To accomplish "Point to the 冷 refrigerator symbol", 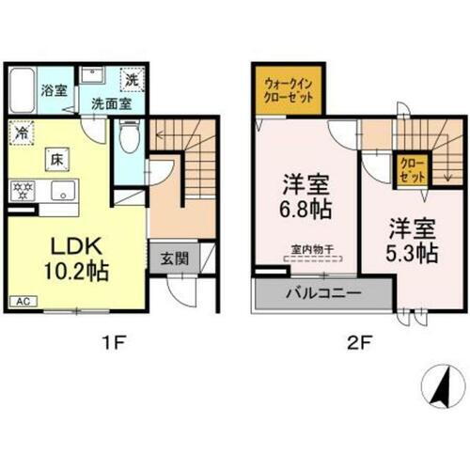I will click(x=22, y=133).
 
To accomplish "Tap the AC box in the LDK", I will click(x=19, y=302).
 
